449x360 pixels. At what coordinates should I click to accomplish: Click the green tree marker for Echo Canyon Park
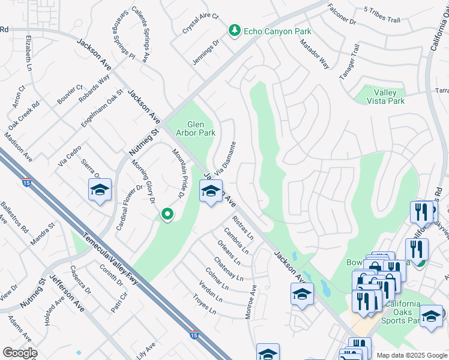(234, 30)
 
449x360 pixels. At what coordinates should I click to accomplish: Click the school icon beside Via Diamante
(211, 192)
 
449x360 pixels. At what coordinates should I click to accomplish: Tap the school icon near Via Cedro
(100, 190)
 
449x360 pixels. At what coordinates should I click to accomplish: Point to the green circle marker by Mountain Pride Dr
(167, 214)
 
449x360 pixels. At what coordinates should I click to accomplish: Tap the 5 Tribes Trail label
(382, 20)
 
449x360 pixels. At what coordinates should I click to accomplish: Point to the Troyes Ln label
(204, 304)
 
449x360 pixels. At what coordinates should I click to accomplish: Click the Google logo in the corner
(19, 353)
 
